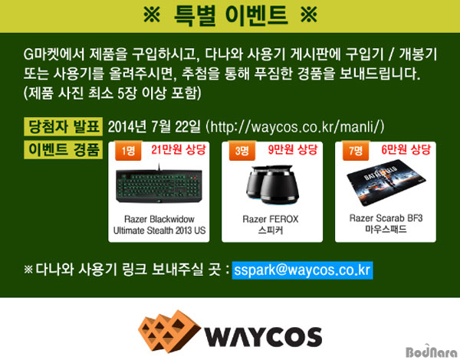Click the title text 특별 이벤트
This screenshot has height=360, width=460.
[x=231, y=15]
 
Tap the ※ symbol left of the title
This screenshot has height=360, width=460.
[x=152, y=15]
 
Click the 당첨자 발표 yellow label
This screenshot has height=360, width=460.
[x=64, y=126]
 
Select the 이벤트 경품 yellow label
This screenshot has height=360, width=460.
[x=64, y=150]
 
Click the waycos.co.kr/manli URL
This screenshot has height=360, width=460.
[x=295, y=127]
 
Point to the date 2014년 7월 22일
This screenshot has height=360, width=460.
[x=154, y=127]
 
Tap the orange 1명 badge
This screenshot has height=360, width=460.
[x=128, y=151]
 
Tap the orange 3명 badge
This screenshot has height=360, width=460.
[x=242, y=151]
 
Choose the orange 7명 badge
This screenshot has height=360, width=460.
[x=356, y=151]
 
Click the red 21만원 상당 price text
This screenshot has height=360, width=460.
[x=179, y=150]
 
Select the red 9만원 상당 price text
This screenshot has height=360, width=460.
[x=293, y=150]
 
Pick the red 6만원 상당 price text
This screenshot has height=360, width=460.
[x=406, y=150]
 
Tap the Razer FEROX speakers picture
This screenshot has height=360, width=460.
[x=271, y=185]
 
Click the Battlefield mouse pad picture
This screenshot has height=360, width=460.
[x=386, y=182]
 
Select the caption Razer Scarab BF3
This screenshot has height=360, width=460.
[x=386, y=218]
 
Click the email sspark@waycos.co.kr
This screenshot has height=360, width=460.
[x=303, y=270]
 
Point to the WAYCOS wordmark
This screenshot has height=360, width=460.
[x=263, y=336]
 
